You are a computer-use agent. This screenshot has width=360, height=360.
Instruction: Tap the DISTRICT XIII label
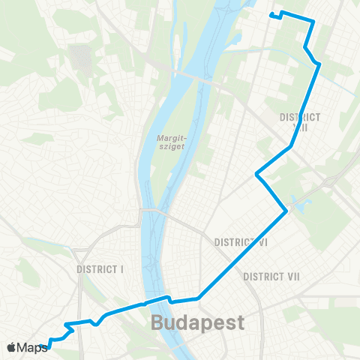[299, 122]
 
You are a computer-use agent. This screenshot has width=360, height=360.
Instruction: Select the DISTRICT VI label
[241, 242]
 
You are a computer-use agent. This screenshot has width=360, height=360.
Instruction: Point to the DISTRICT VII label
[271, 277]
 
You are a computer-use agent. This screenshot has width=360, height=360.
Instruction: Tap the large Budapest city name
[198, 324]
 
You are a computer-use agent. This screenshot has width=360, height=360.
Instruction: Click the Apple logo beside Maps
[12, 347]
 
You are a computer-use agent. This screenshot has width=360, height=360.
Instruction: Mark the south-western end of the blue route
[49, 346]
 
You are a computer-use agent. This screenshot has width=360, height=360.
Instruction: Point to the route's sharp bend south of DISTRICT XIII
[257, 175]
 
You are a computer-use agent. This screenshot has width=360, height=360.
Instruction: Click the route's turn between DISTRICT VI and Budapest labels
[199, 298]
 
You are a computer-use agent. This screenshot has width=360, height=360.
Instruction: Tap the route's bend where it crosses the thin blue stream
[319, 64]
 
